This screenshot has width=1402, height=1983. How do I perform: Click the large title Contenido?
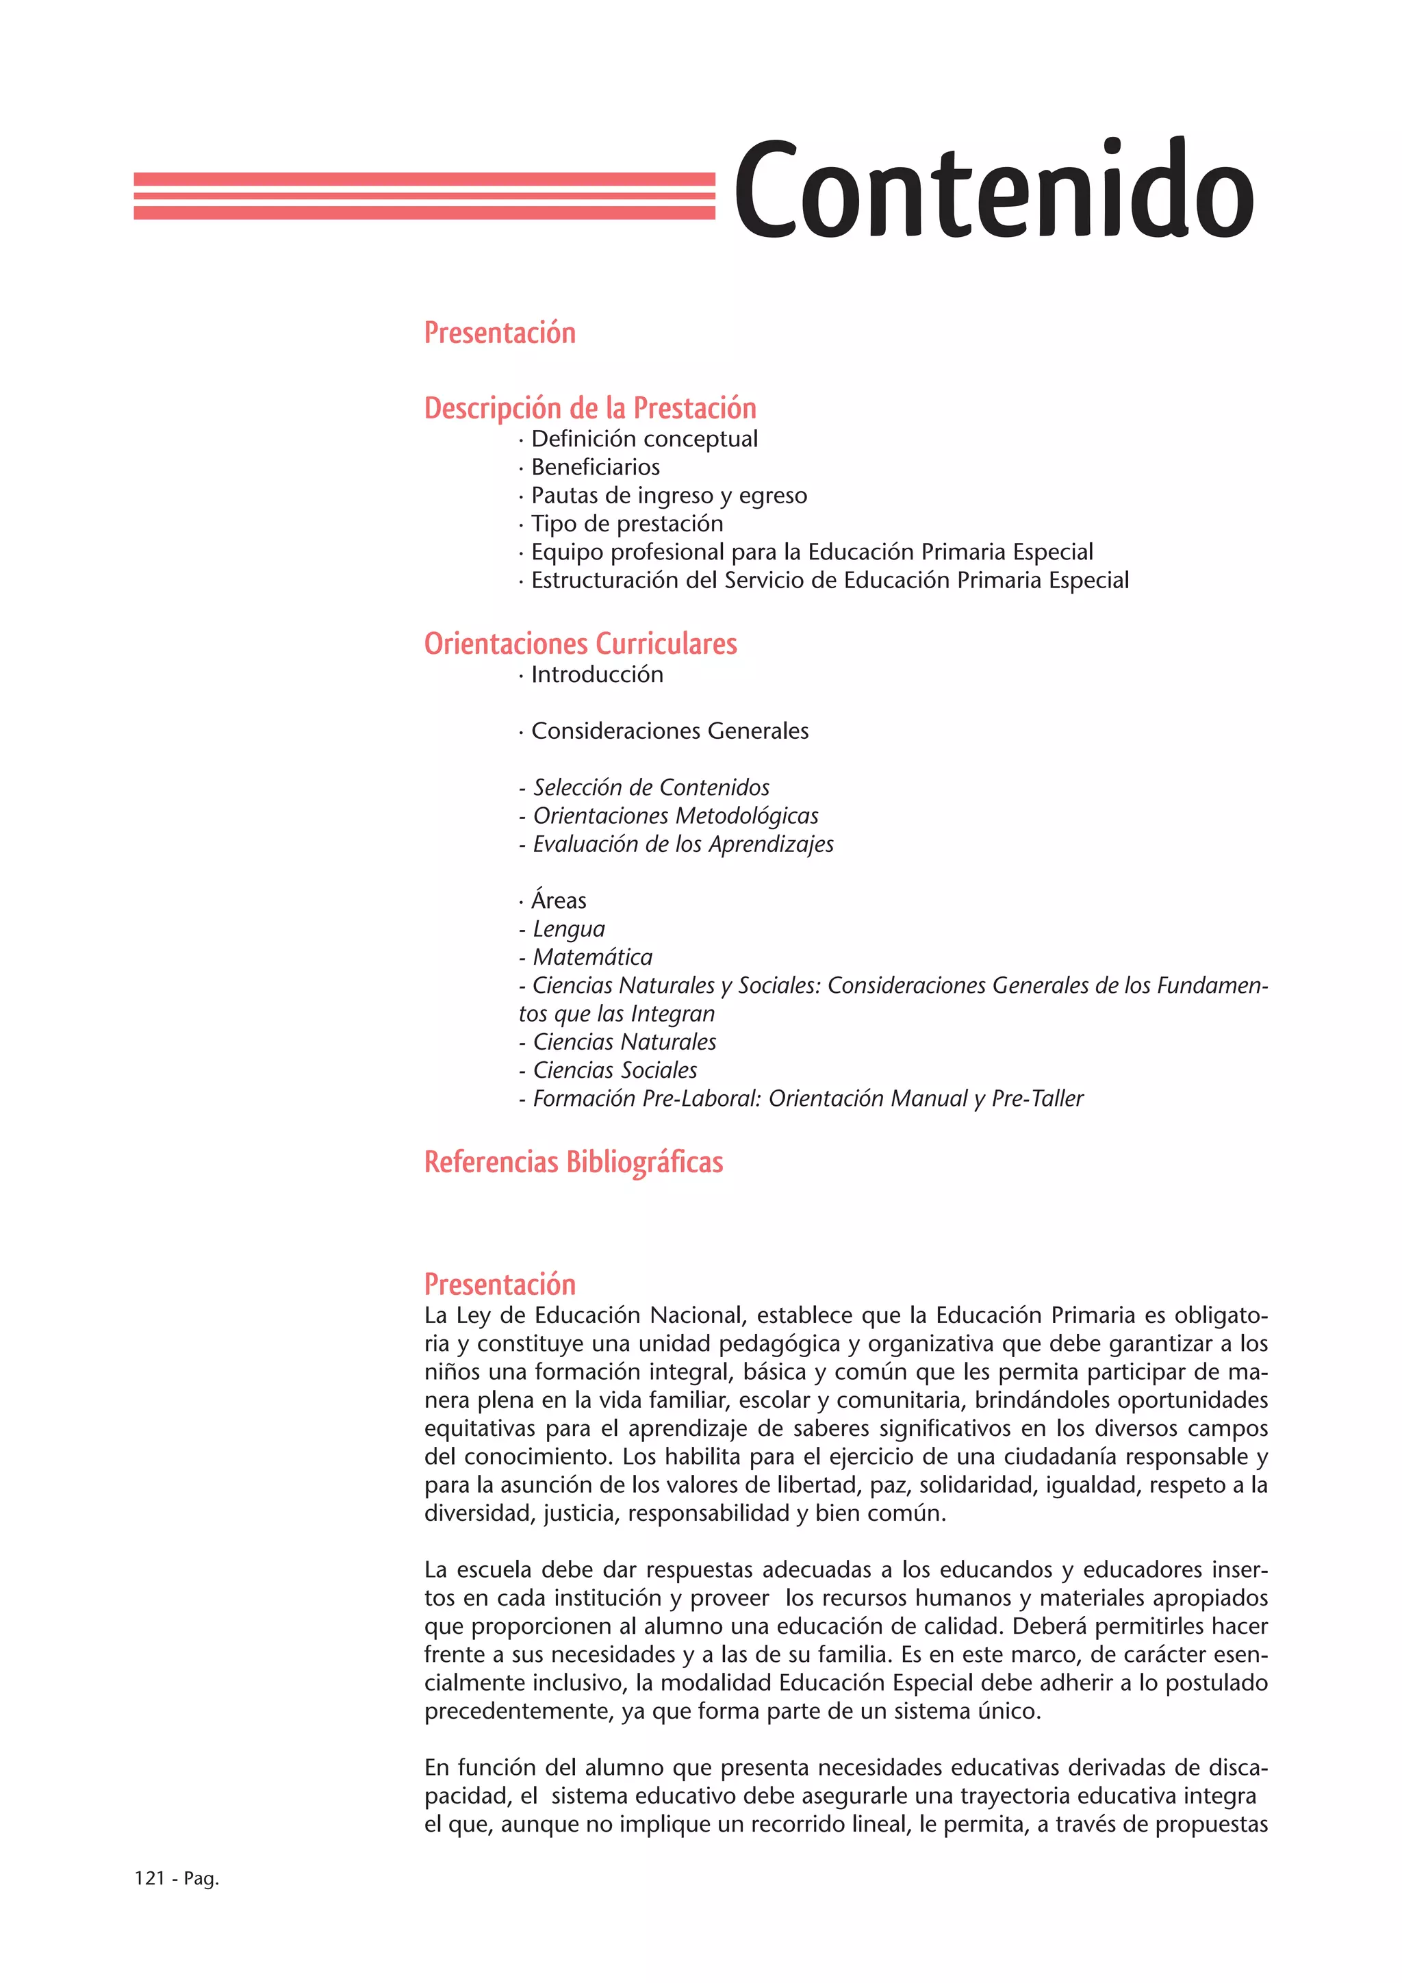pyautogui.click(x=993, y=190)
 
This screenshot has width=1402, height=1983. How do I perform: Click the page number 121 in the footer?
pyautogui.click(x=149, y=1878)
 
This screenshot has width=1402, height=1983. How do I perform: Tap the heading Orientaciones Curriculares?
pyautogui.click(x=580, y=644)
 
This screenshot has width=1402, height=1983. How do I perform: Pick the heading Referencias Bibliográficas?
pyautogui.click(x=573, y=1161)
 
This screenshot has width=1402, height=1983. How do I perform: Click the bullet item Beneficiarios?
pyautogui.click(x=595, y=467)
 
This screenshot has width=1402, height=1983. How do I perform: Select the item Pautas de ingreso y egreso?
pyautogui.click(x=668, y=496)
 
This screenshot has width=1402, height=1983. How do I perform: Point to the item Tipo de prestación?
pyautogui.click(x=627, y=523)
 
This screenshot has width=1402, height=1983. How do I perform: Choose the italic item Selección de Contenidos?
pyautogui.click(x=650, y=787)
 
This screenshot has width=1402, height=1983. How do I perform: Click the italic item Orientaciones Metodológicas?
pyautogui.click(x=675, y=816)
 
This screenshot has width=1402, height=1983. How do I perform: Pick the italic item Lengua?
pyautogui.click(x=568, y=929)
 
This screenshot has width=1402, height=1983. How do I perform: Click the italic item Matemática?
pyautogui.click(x=592, y=957)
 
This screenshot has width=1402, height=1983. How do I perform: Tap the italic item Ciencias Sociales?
pyautogui.click(x=615, y=1070)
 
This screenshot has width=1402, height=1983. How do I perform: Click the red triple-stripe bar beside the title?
pyautogui.click(x=424, y=195)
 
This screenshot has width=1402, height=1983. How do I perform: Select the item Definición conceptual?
pyautogui.click(x=644, y=439)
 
